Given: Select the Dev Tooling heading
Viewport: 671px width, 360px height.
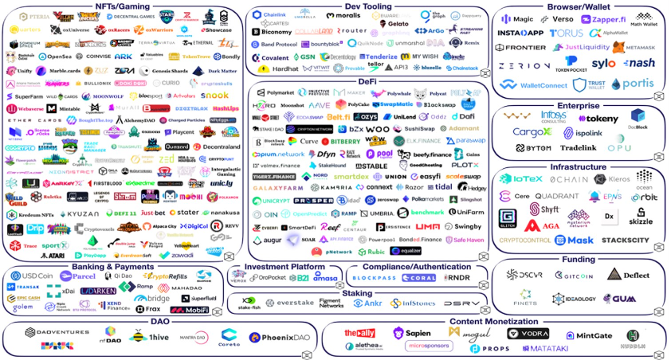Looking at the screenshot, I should pos(367,6).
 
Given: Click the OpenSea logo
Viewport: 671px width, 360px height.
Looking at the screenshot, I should pos(54,57).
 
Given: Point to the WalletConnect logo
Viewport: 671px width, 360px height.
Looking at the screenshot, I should pos(539,85).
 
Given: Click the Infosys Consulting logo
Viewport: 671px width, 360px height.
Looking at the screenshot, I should pos(554,117).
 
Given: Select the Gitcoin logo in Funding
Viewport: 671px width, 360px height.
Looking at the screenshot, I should pos(573,276).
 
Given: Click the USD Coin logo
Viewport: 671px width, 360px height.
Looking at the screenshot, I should pos(29,276).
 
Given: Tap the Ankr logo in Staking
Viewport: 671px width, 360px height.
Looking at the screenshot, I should pos(368,303).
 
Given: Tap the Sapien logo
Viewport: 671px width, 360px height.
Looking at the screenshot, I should pos(412,333).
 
